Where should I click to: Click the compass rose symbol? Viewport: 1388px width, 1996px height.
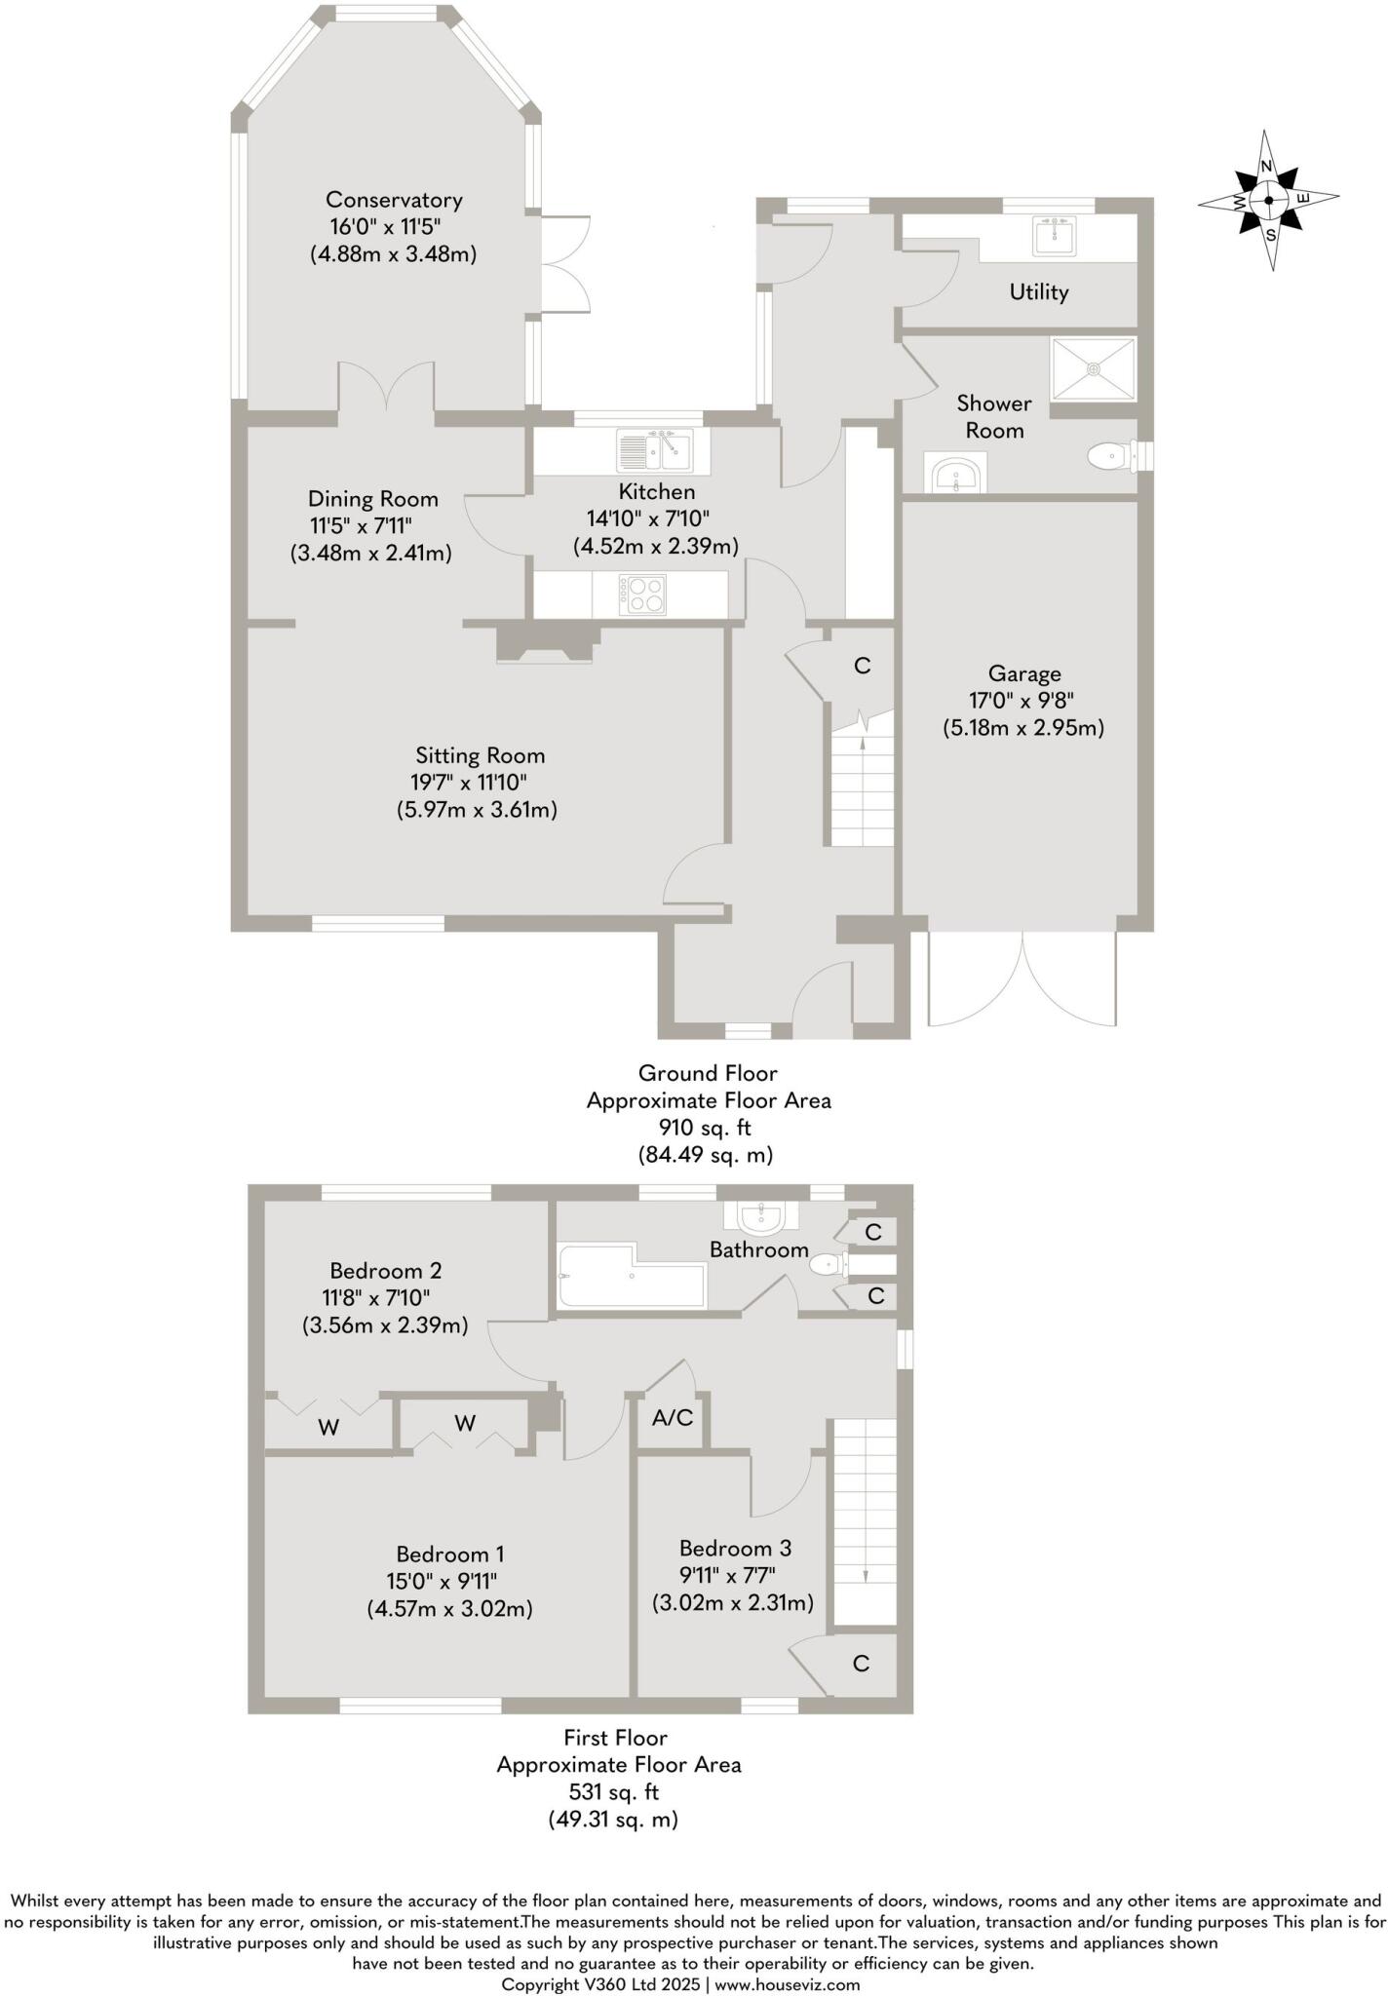(1268, 200)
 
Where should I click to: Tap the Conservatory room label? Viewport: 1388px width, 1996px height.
(394, 200)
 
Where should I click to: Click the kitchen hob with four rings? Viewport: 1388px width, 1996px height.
(643, 594)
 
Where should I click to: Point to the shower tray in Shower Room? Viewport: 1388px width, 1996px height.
(1093, 368)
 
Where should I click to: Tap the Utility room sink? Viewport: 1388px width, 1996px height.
(1054, 235)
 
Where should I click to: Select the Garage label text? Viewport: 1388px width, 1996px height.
(1023, 673)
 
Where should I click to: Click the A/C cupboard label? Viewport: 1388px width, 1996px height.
(673, 1418)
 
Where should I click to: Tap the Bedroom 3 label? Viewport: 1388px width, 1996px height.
(735, 1548)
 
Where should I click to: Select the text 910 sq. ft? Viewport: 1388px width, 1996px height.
(707, 1128)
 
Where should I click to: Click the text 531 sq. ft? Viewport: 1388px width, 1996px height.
(614, 1791)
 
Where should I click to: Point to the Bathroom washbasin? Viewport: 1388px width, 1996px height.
(761, 1216)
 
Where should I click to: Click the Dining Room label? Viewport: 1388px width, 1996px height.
(372, 499)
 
